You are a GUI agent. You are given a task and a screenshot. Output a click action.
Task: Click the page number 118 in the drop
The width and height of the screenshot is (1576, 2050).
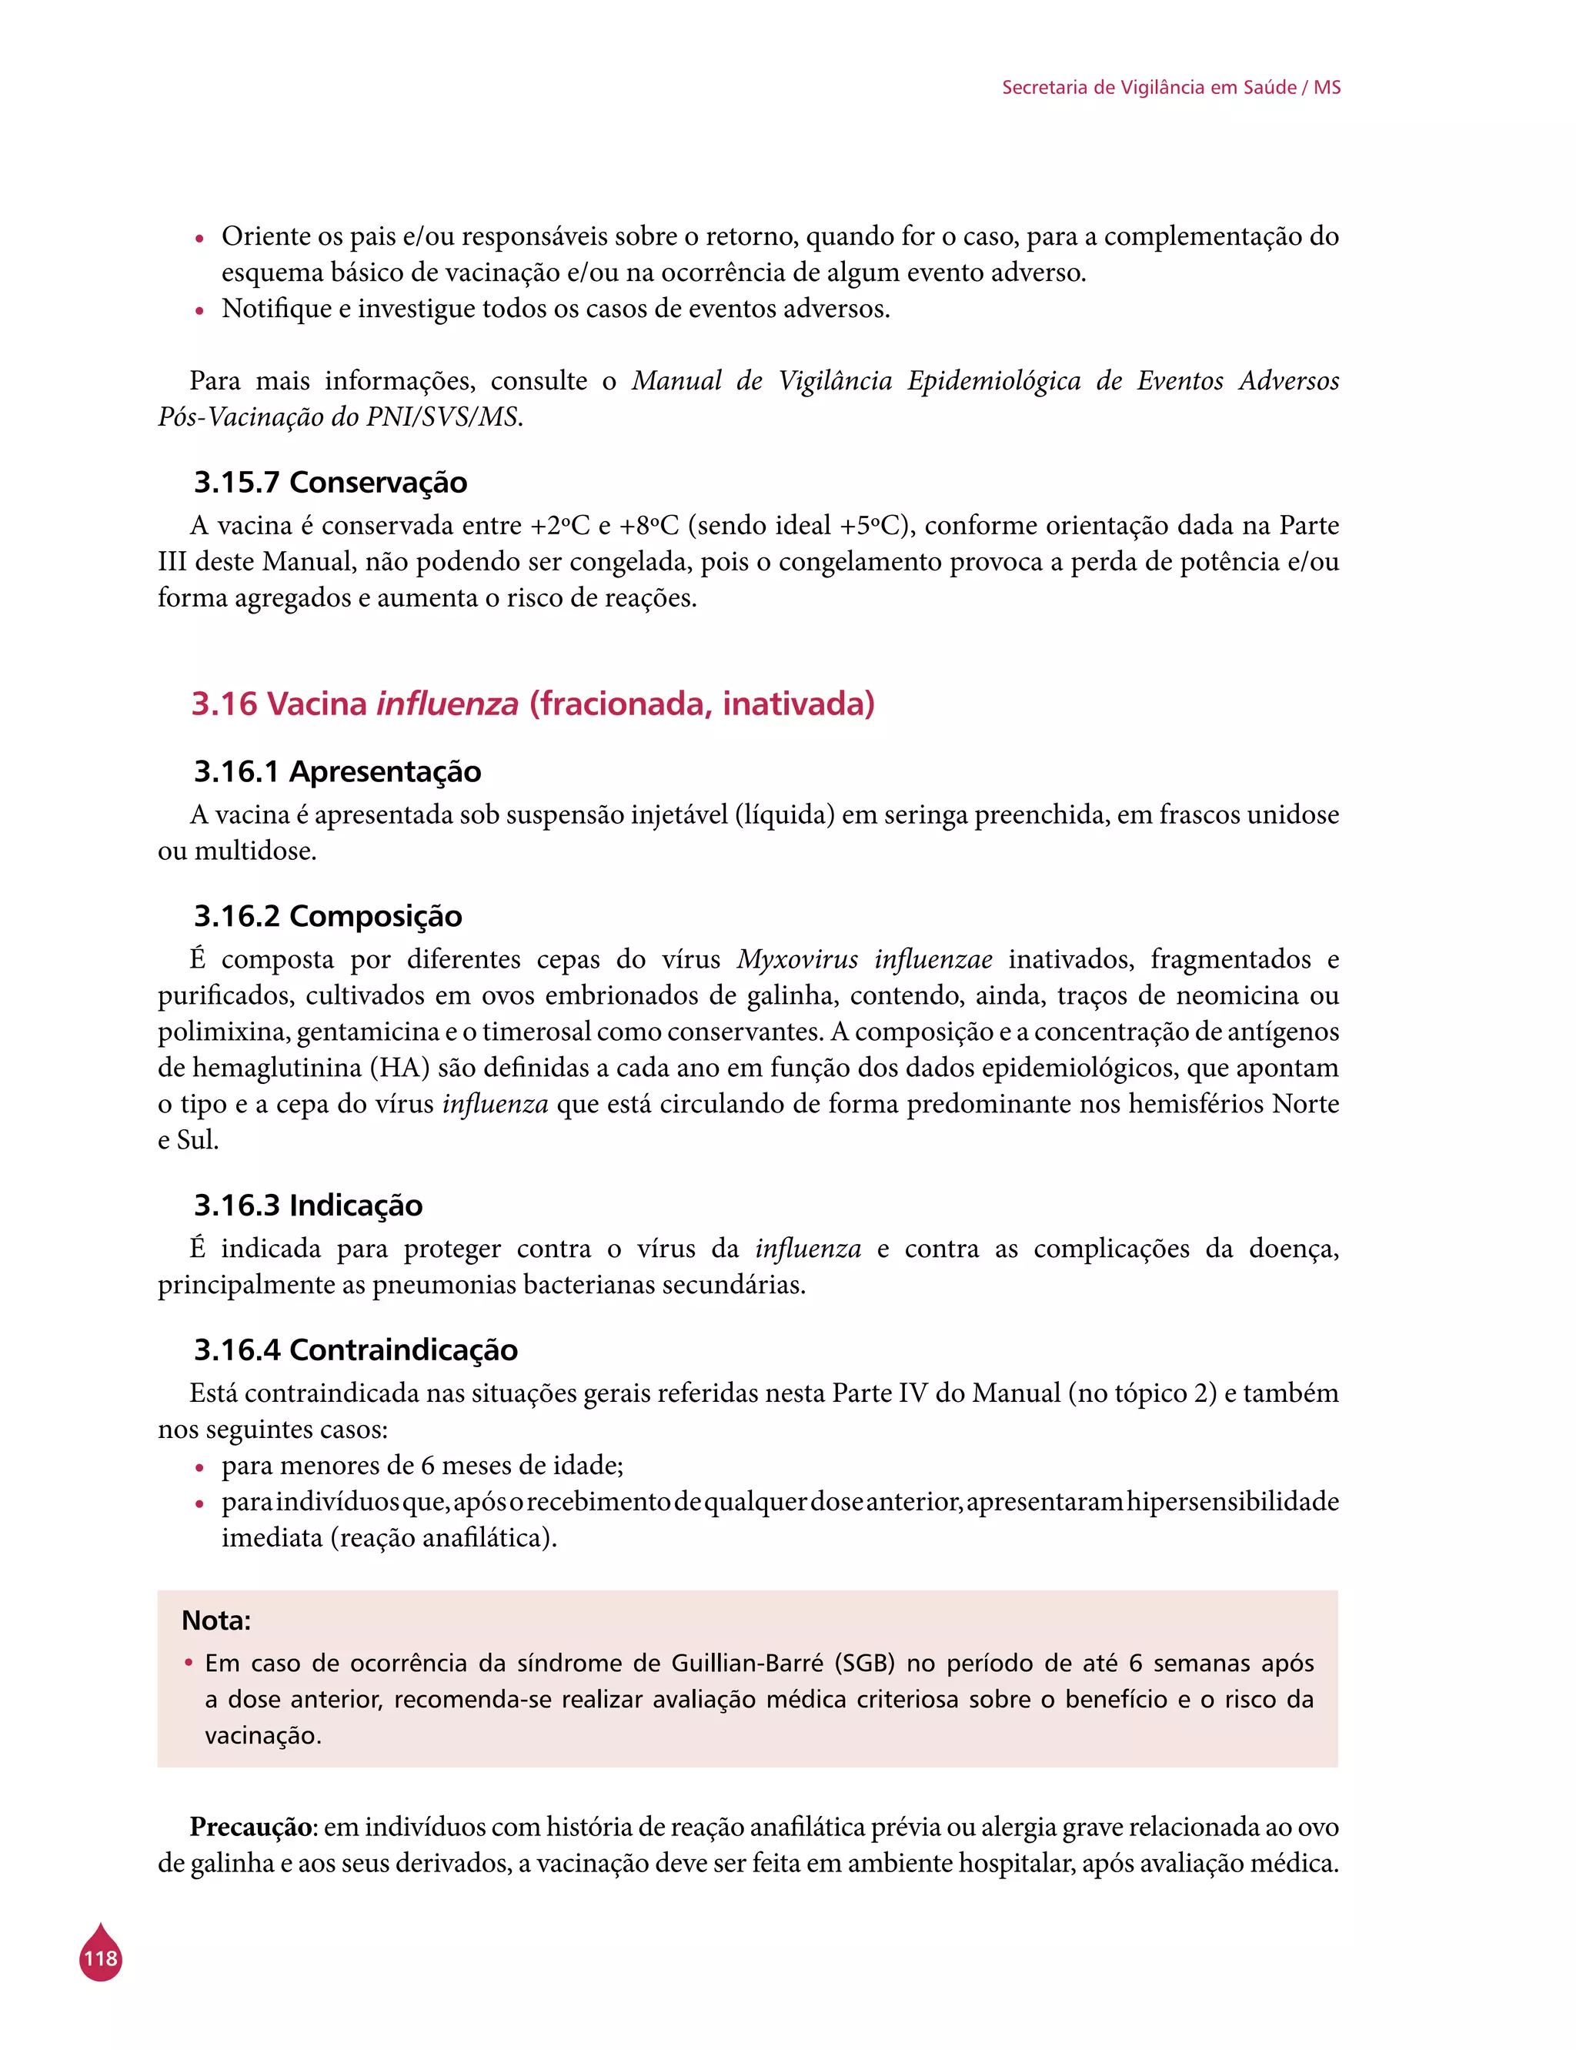coord(100,1958)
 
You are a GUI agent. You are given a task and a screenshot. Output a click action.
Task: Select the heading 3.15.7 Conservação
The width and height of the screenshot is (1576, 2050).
coord(330,482)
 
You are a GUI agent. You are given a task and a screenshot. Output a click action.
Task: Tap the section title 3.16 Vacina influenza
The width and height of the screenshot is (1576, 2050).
coord(533,704)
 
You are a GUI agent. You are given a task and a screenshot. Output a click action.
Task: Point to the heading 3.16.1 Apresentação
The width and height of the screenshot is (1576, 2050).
coord(337,771)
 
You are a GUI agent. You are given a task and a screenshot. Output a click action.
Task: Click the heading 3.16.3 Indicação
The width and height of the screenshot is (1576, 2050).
coord(308,1205)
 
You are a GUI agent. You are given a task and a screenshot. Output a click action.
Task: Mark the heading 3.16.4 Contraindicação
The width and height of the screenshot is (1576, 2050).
coord(356,1349)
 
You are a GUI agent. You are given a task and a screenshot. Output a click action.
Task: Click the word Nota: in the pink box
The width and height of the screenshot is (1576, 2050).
coord(215,1620)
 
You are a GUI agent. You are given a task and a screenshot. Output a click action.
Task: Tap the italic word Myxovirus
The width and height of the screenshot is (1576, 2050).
coord(797,959)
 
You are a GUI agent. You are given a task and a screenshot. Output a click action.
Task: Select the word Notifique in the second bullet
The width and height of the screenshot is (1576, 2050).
coord(277,309)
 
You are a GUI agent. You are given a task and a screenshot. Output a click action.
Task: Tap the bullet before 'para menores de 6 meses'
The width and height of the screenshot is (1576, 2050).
coord(199,1467)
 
